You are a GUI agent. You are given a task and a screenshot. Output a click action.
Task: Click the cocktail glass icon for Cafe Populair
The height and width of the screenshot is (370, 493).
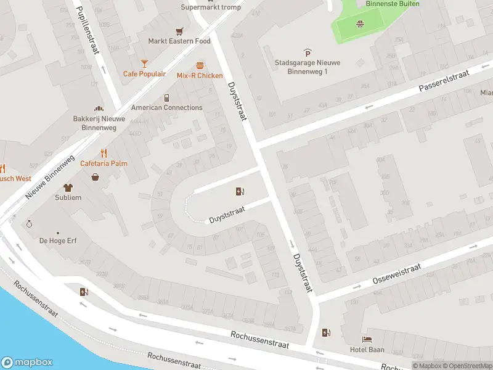144,63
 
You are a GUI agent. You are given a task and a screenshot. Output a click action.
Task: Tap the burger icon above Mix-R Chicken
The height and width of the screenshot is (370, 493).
200,65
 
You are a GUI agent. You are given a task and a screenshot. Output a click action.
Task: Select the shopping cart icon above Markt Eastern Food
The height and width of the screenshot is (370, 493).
179,31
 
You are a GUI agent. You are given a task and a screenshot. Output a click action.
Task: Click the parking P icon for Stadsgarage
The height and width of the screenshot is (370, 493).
308,52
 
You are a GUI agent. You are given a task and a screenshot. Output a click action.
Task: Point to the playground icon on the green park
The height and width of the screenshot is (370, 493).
359,24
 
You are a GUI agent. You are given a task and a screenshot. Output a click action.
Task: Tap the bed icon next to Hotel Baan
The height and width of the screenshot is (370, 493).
368,339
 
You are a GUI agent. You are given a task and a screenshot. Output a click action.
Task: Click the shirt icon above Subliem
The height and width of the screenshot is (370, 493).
68,187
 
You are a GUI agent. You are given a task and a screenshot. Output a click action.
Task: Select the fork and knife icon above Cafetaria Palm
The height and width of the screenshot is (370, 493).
104,153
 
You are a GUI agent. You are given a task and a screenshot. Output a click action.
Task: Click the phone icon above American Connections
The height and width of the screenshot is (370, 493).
166,97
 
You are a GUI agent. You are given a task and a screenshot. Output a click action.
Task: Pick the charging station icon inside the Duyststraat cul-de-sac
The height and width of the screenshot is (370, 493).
240,191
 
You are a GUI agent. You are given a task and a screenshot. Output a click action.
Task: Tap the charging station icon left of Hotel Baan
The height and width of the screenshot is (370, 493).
326,333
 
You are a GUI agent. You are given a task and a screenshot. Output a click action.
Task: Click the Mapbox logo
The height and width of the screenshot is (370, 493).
27,363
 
